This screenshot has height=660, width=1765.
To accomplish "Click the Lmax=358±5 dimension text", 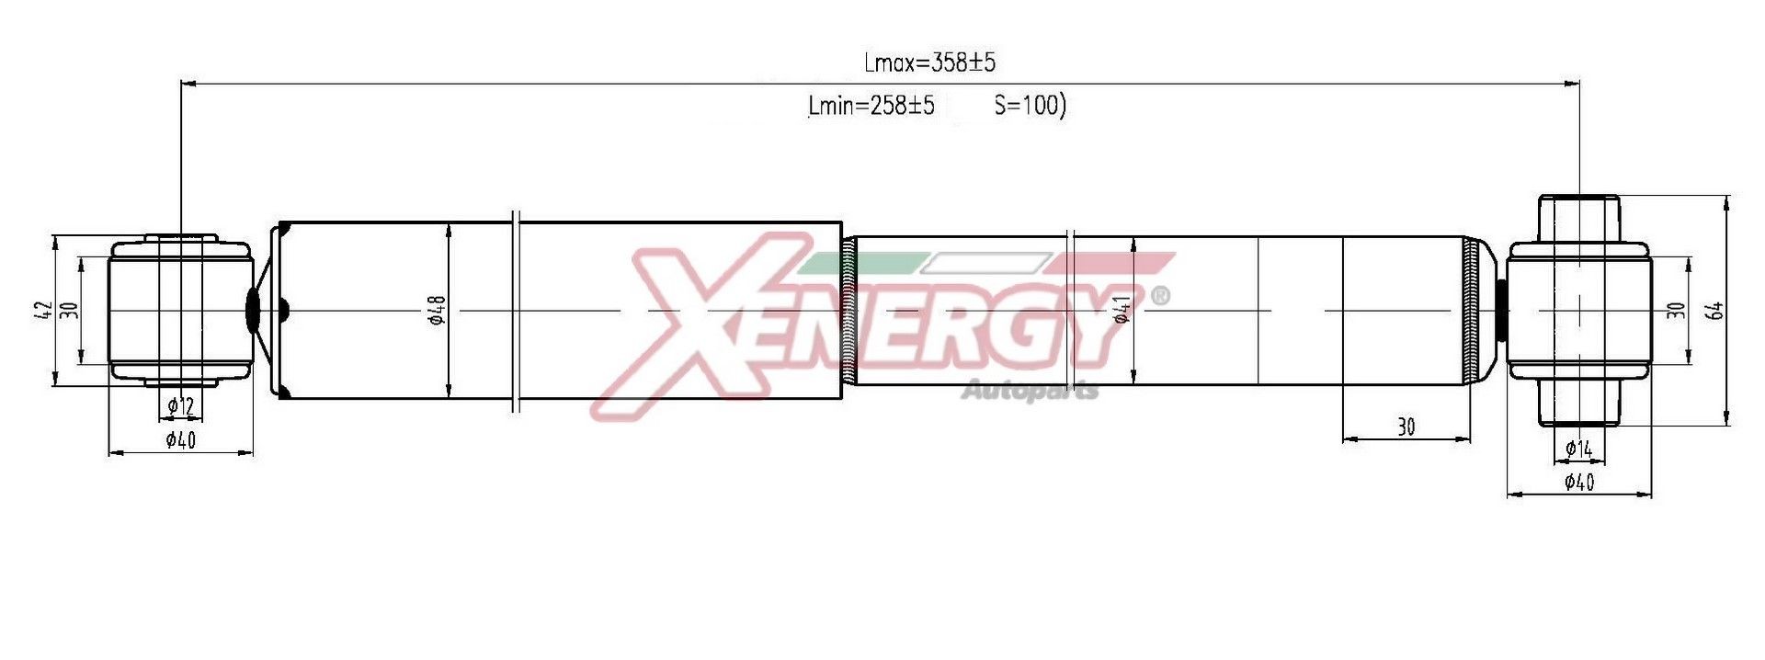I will tap(929, 63).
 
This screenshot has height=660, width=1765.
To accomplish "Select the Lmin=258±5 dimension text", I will tap(871, 106).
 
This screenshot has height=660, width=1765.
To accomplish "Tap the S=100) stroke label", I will tap(1030, 106).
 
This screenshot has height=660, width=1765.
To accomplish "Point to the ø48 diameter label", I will tap(437, 312).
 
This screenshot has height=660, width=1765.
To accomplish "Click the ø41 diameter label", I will tap(1122, 311).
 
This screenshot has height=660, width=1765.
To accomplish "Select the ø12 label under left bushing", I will tap(181, 404).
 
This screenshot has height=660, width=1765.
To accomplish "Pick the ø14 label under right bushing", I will tap(1578, 449).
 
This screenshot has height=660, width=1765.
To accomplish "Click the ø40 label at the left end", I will tap(181, 440).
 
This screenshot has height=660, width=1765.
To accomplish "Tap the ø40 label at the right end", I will tap(1578, 482).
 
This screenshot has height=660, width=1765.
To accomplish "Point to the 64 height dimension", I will tap(1715, 311).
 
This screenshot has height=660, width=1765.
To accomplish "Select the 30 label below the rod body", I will tap(1406, 427).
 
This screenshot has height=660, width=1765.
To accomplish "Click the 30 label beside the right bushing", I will tap(1676, 311).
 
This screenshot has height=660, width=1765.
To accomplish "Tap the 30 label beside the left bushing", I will tap(69, 311).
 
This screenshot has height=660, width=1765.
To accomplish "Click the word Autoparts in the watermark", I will tap(1030, 392).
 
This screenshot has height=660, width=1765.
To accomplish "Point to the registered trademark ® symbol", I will tap(1161, 296).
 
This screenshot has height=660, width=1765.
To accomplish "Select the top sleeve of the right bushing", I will tap(1578, 219).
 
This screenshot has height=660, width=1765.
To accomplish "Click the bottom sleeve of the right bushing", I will tap(1578, 404).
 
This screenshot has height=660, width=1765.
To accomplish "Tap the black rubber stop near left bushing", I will tap(253, 309).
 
